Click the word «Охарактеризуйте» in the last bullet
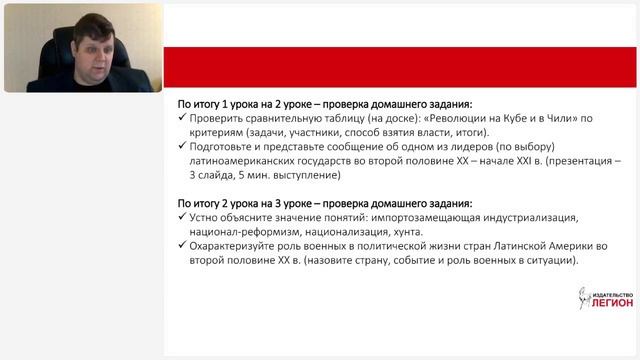pyautogui.click(x=239, y=246)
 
